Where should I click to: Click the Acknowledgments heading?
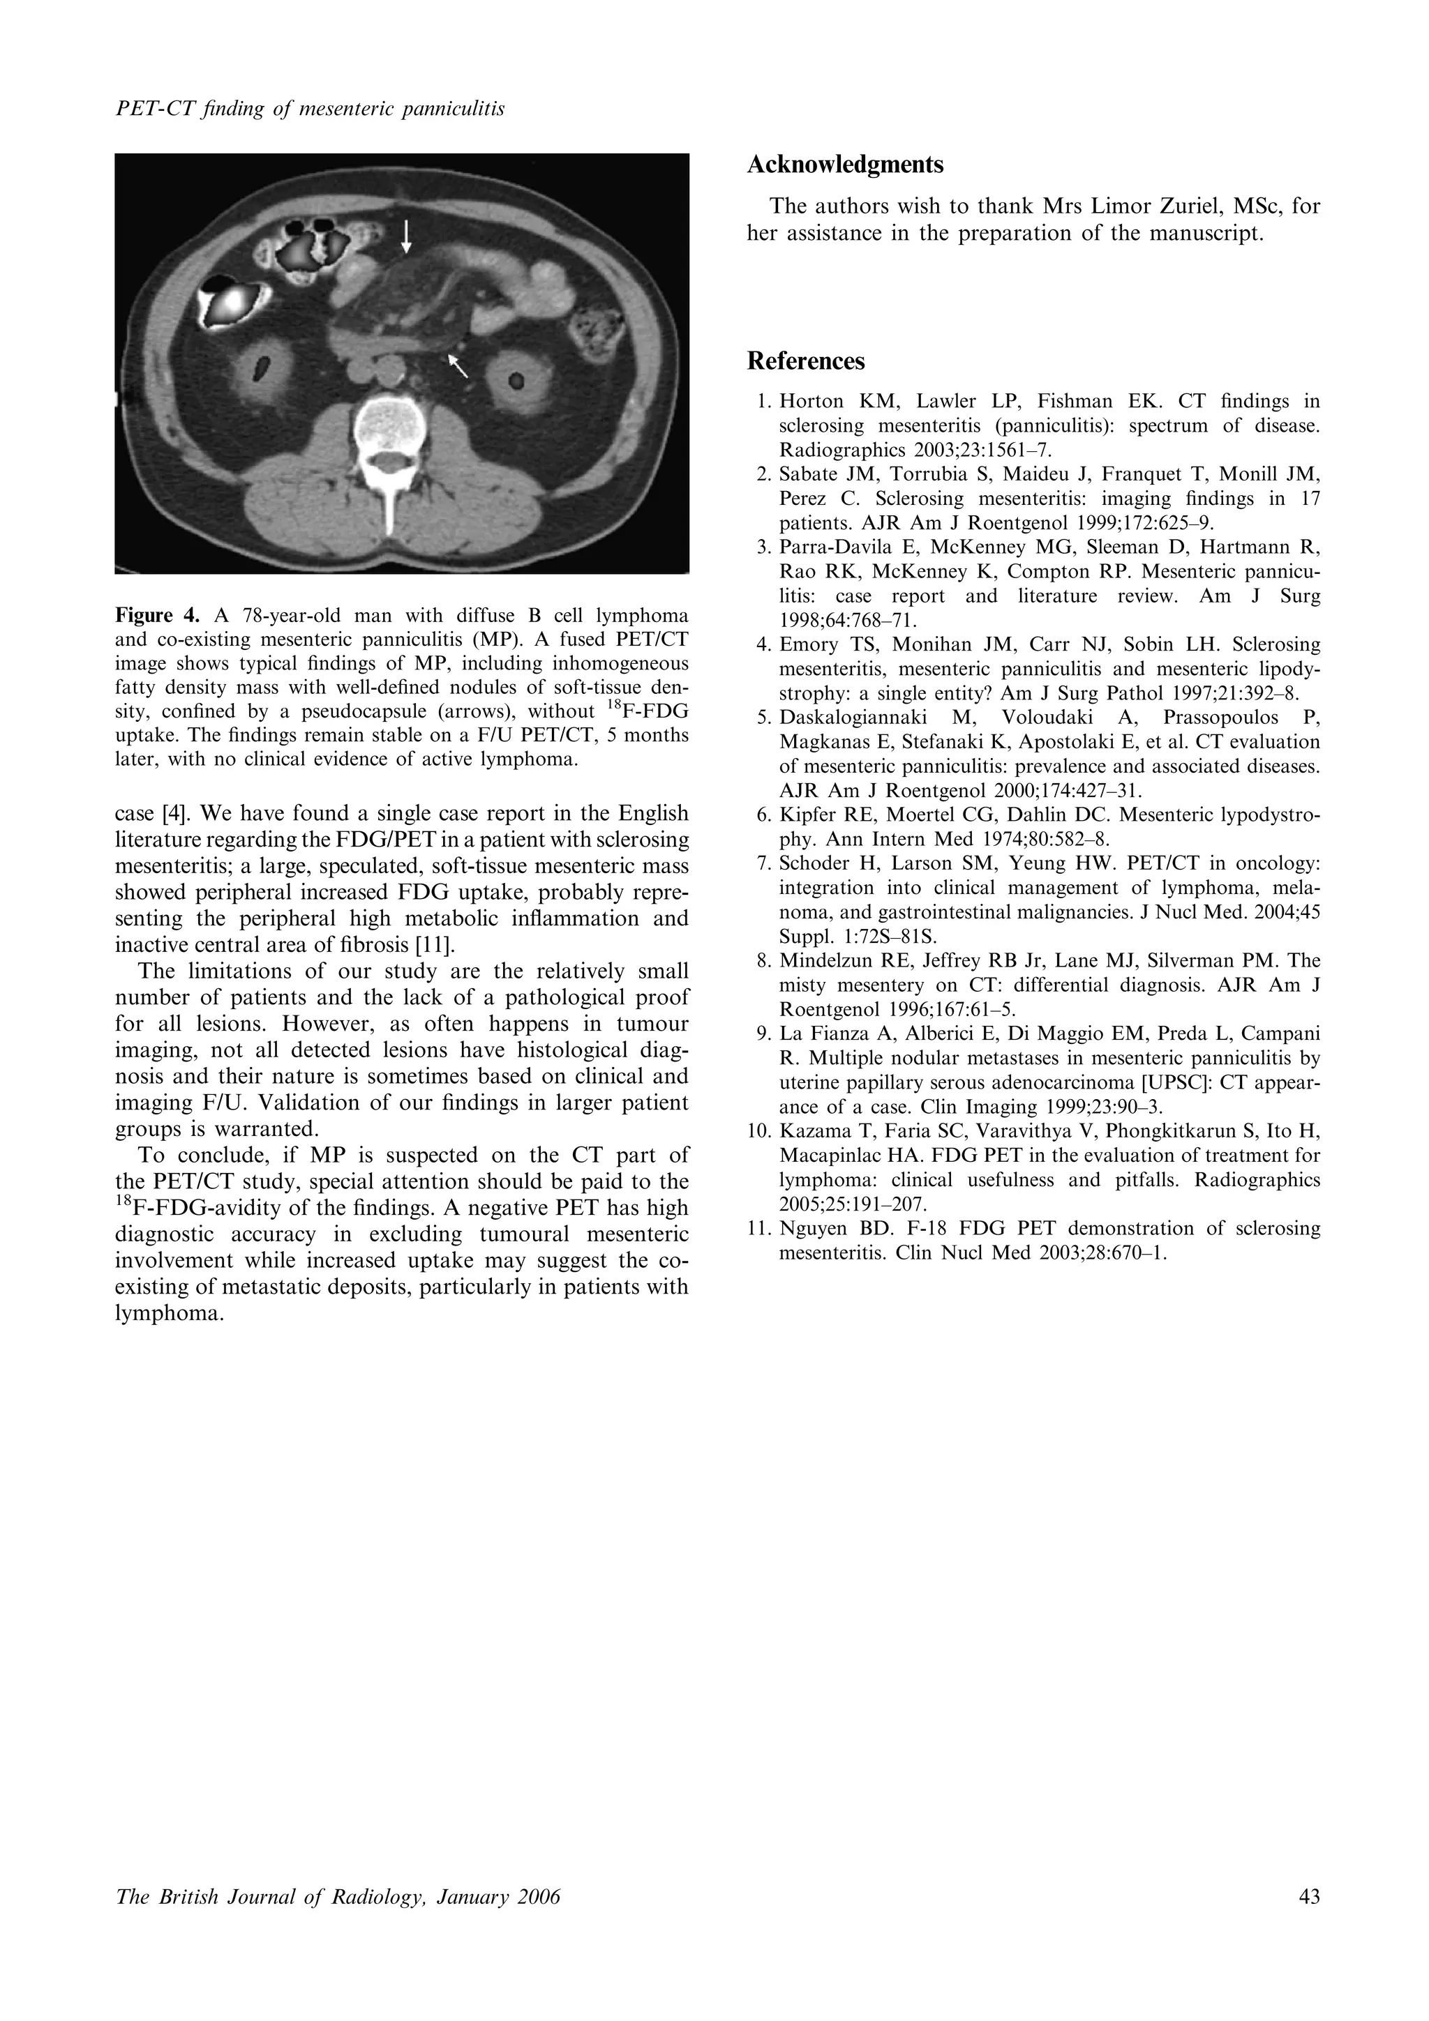[x=844, y=165]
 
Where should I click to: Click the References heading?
[x=806, y=362]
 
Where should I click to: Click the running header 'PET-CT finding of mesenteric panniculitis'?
[x=310, y=110]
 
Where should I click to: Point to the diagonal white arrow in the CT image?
[x=458, y=363]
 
